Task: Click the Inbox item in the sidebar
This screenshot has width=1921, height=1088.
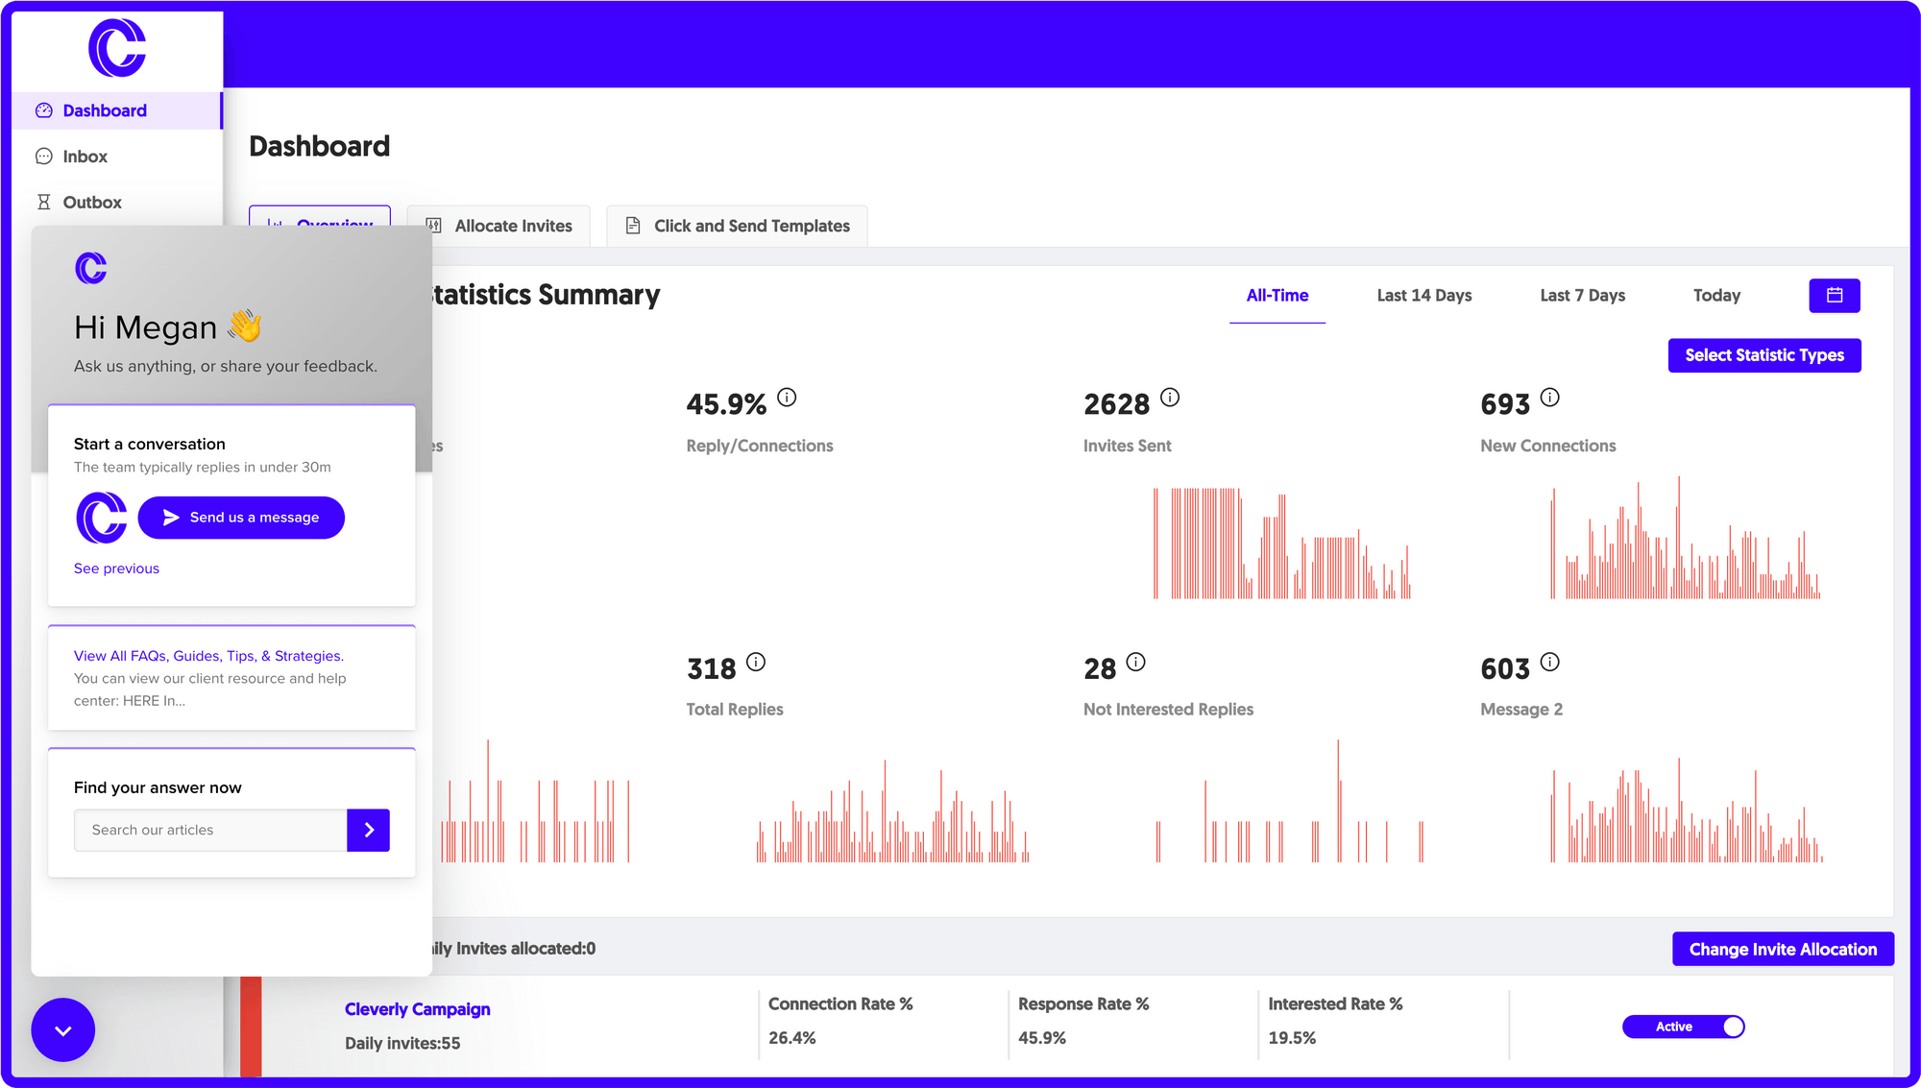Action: (85, 157)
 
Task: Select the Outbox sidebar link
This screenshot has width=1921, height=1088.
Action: (91, 203)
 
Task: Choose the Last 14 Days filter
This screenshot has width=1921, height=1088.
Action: (1423, 296)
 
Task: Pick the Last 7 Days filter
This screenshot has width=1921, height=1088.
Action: (1582, 296)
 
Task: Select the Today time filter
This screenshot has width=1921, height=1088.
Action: (1716, 296)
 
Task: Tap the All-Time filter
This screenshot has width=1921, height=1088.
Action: (1277, 296)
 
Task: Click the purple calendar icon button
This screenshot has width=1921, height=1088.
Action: (1834, 296)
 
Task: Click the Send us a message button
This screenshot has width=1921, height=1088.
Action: (241, 518)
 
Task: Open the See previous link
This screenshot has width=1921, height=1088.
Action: (116, 568)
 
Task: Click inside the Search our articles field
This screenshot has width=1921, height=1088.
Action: (210, 831)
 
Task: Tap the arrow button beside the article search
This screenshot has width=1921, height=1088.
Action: (368, 831)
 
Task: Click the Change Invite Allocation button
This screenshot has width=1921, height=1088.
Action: (1782, 950)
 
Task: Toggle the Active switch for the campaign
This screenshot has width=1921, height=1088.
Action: (1683, 1028)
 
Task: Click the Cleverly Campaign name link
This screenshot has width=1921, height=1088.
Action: (417, 1009)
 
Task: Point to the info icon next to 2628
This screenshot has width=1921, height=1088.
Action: (1169, 398)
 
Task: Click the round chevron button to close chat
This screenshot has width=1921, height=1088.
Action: (62, 1030)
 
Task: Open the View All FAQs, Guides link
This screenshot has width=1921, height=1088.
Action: (208, 656)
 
